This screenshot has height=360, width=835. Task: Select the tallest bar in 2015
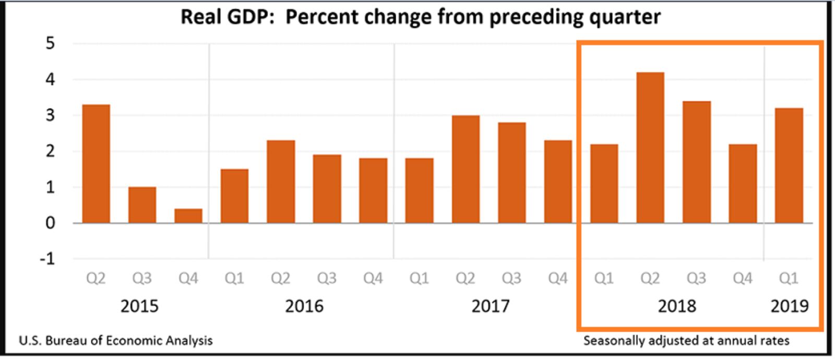tap(96, 164)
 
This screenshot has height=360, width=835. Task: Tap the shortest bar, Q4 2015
tap(188, 216)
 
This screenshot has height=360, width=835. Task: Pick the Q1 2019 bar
tap(789, 165)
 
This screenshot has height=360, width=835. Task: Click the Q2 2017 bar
tap(466, 169)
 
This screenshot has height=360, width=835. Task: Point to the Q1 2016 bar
tap(234, 196)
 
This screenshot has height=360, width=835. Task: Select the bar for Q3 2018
tap(696, 162)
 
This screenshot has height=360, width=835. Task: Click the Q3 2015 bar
tap(142, 205)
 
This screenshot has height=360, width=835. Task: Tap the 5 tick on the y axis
tap(50, 43)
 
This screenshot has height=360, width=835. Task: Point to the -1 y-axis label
tap(47, 259)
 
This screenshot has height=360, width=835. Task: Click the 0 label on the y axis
tap(50, 223)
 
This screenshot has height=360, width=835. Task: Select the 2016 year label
tap(304, 306)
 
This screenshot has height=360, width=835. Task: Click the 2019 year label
tap(789, 306)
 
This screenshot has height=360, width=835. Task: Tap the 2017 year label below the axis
tap(491, 306)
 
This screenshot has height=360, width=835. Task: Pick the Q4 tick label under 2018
tap(742, 279)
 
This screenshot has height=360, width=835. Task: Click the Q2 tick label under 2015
tap(96, 279)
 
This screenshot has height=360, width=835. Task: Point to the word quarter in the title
tap(624, 17)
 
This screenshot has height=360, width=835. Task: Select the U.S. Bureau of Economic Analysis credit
tap(116, 341)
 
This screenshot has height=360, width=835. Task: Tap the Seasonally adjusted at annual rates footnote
tap(686, 341)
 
